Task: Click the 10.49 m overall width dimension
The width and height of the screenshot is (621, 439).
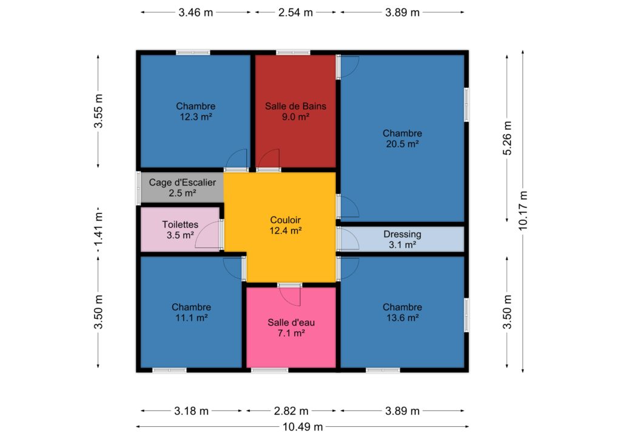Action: pyautogui.click(x=303, y=427)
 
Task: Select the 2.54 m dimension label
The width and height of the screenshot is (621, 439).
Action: pyautogui.click(x=295, y=13)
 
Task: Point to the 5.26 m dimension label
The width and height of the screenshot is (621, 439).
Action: pyautogui.click(x=508, y=138)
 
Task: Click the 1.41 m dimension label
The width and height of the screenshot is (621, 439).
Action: pyautogui.click(x=98, y=229)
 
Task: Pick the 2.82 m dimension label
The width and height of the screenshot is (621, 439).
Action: pyautogui.click(x=291, y=411)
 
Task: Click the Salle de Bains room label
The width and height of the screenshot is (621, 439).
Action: pyautogui.click(x=295, y=106)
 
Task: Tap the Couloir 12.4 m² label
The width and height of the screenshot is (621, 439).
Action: pyautogui.click(x=285, y=225)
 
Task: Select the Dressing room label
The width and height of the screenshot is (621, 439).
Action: pyautogui.click(x=403, y=234)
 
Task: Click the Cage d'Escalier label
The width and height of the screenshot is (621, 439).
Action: pyautogui.click(x=182, y=183)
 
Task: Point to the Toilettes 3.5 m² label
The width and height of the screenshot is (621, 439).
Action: pyautogui.click(x=180, y=230)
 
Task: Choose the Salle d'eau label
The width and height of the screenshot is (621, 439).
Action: pyautogui.click(x=291, y=323)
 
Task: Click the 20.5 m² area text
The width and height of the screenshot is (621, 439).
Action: pyautogui.click(x=403, y=144)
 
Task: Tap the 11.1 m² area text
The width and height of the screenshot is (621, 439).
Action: pyautogui.click(x=192, y=318)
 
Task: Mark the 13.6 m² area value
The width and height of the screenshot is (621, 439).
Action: pyautogui.click(x=403, y=318)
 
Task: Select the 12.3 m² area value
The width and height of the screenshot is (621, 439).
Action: pyautogui.click(x=196, y=117)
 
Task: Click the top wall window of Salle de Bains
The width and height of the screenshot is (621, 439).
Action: pyautogui.click(x=293, y=52)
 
